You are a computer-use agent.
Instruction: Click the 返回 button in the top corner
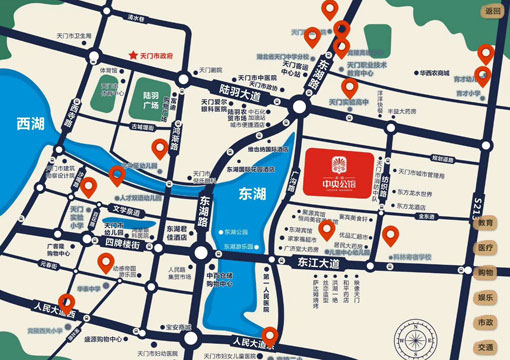pos(490,11)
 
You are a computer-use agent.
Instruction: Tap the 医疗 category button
pos(487,247)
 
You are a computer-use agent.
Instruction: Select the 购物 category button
pos(487,272)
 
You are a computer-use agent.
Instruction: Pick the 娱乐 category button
pos(487,297)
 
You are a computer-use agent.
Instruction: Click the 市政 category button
pos(487,322)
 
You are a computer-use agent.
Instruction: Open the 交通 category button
pos(487,347)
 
